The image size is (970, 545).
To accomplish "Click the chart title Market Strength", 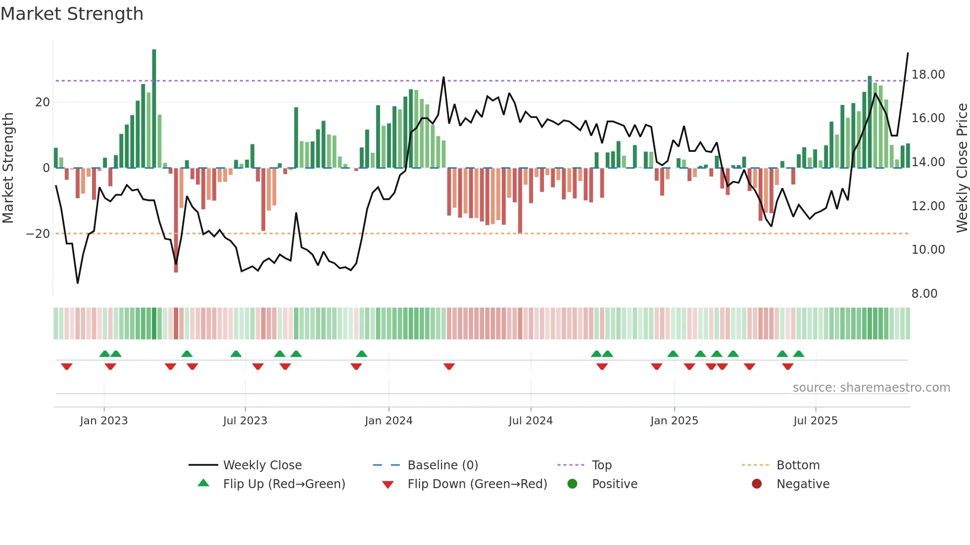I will tap(72, 14).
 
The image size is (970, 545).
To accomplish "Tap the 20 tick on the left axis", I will tap(43, 102).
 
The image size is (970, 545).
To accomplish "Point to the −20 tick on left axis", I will tap(38, 234).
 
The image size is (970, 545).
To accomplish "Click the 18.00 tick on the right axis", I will tap(928, 75).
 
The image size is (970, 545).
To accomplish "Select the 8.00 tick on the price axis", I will tap(924, 294).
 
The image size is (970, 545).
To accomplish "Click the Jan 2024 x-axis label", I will tap(388, 421).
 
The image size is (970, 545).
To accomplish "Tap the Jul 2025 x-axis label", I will tap(815, 421).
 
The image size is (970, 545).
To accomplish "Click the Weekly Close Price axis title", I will tap(962, 168).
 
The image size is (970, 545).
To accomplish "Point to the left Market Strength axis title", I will tap(8, 168).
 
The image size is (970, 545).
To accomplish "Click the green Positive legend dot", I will tap(572, 484).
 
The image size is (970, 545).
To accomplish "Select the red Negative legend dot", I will tap(756, 484).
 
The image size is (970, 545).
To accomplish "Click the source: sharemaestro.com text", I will tap(871, 388).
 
